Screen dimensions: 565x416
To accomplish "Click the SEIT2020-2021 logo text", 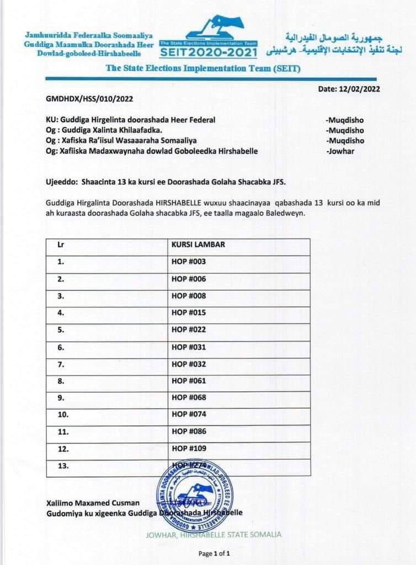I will tap(209, 52).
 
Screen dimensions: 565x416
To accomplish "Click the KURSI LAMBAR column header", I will tap(197, 244).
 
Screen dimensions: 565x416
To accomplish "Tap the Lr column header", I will tap(61, 244).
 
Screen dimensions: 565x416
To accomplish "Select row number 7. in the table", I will tap(61, 364).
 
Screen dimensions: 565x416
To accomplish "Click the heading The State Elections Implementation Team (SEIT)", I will tap(188, 68).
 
